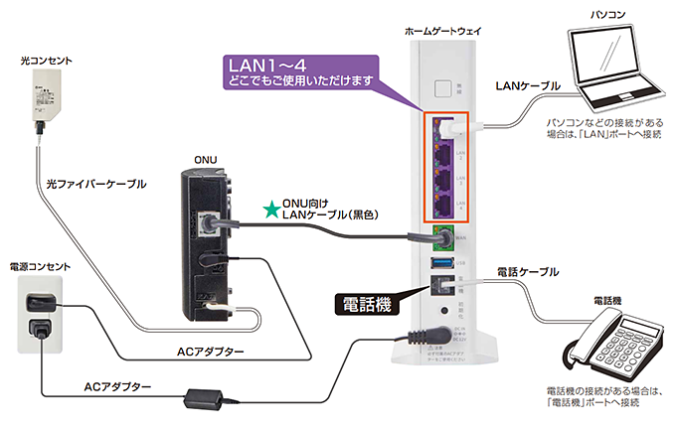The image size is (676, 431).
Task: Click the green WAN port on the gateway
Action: (x=440, y=236)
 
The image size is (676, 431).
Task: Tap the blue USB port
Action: (x=440, y=262)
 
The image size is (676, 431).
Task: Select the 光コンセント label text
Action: (x=47, y=62)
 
